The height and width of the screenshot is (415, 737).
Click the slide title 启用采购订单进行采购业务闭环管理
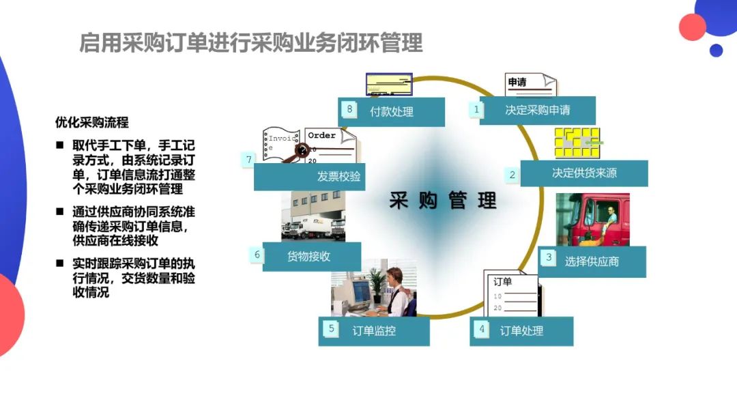(x=251, y=43)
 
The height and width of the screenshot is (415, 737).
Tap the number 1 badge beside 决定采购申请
(x=477, y=109)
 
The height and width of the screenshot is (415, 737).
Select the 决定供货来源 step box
(x=584, y=173)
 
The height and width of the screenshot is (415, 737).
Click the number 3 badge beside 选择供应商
(x=548, y=257)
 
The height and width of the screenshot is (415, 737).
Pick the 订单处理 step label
(x=521, y=331)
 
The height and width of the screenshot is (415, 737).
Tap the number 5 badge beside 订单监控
(x=332, y=329)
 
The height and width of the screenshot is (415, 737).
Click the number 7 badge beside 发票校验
(x=248, y=160)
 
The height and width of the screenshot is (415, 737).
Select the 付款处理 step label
(x=391, y=111)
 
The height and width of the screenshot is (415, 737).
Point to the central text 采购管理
(x=443, y=201)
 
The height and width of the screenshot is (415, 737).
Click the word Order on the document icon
(x=321, y=135)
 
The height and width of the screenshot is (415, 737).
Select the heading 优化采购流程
(x=92, y=123)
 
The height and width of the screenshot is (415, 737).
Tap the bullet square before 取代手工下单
(x=61, y=145)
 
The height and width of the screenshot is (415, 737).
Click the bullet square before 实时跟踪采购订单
(x=61, y=263)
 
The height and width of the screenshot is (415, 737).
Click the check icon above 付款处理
(x=389, y=85)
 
